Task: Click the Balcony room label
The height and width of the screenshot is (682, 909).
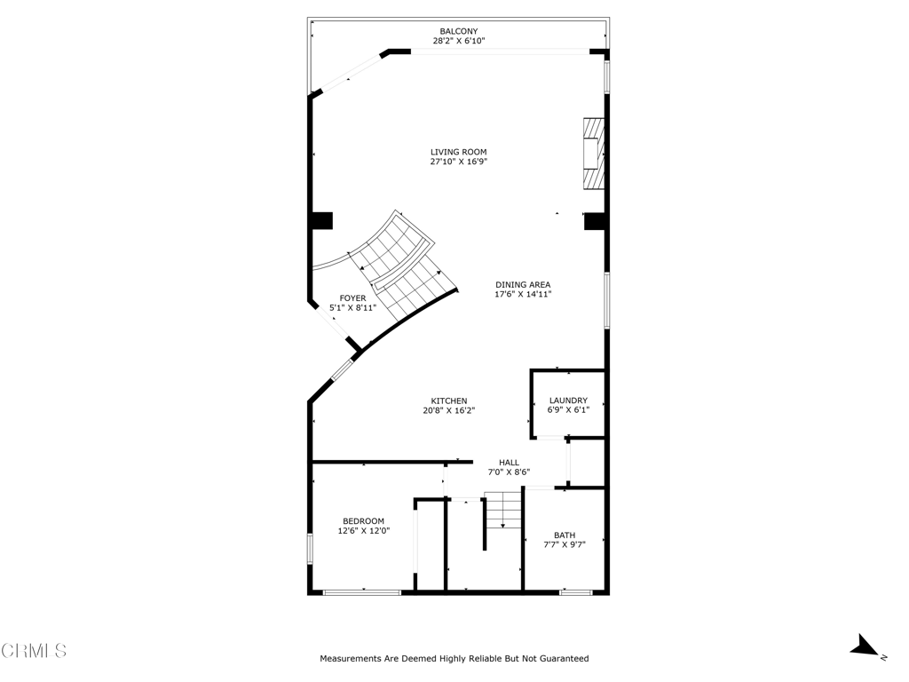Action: tap(458, 31)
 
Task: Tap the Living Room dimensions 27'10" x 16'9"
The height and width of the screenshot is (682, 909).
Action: tap(459, 162)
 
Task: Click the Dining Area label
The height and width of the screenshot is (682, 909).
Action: tap(523, 284)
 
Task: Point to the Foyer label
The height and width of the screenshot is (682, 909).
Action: tap(352, 298)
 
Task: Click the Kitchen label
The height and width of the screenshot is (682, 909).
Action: tap(448, 400)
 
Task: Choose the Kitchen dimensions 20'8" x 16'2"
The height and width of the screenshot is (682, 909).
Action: tap(448, 411)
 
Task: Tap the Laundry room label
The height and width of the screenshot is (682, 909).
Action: tap(567, 400)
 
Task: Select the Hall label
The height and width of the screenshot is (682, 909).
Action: tap(509, 462)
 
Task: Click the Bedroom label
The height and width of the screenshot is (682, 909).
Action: tap(363, 520)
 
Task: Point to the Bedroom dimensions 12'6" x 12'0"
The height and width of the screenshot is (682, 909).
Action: tap(363, 531)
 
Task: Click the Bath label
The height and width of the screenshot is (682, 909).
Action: tap(565, 535)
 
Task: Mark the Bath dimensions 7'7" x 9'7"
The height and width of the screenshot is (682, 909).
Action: tap(565, 545)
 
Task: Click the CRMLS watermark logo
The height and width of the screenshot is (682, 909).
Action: tap(34, 651)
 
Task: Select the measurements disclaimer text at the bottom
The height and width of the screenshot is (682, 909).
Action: tap(454, 659)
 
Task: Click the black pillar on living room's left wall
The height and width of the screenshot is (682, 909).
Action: tap(321, 220)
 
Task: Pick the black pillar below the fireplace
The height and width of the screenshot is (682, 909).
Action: tap(594, 220)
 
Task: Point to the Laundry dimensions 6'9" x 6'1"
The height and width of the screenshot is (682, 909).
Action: tap(567, 410)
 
